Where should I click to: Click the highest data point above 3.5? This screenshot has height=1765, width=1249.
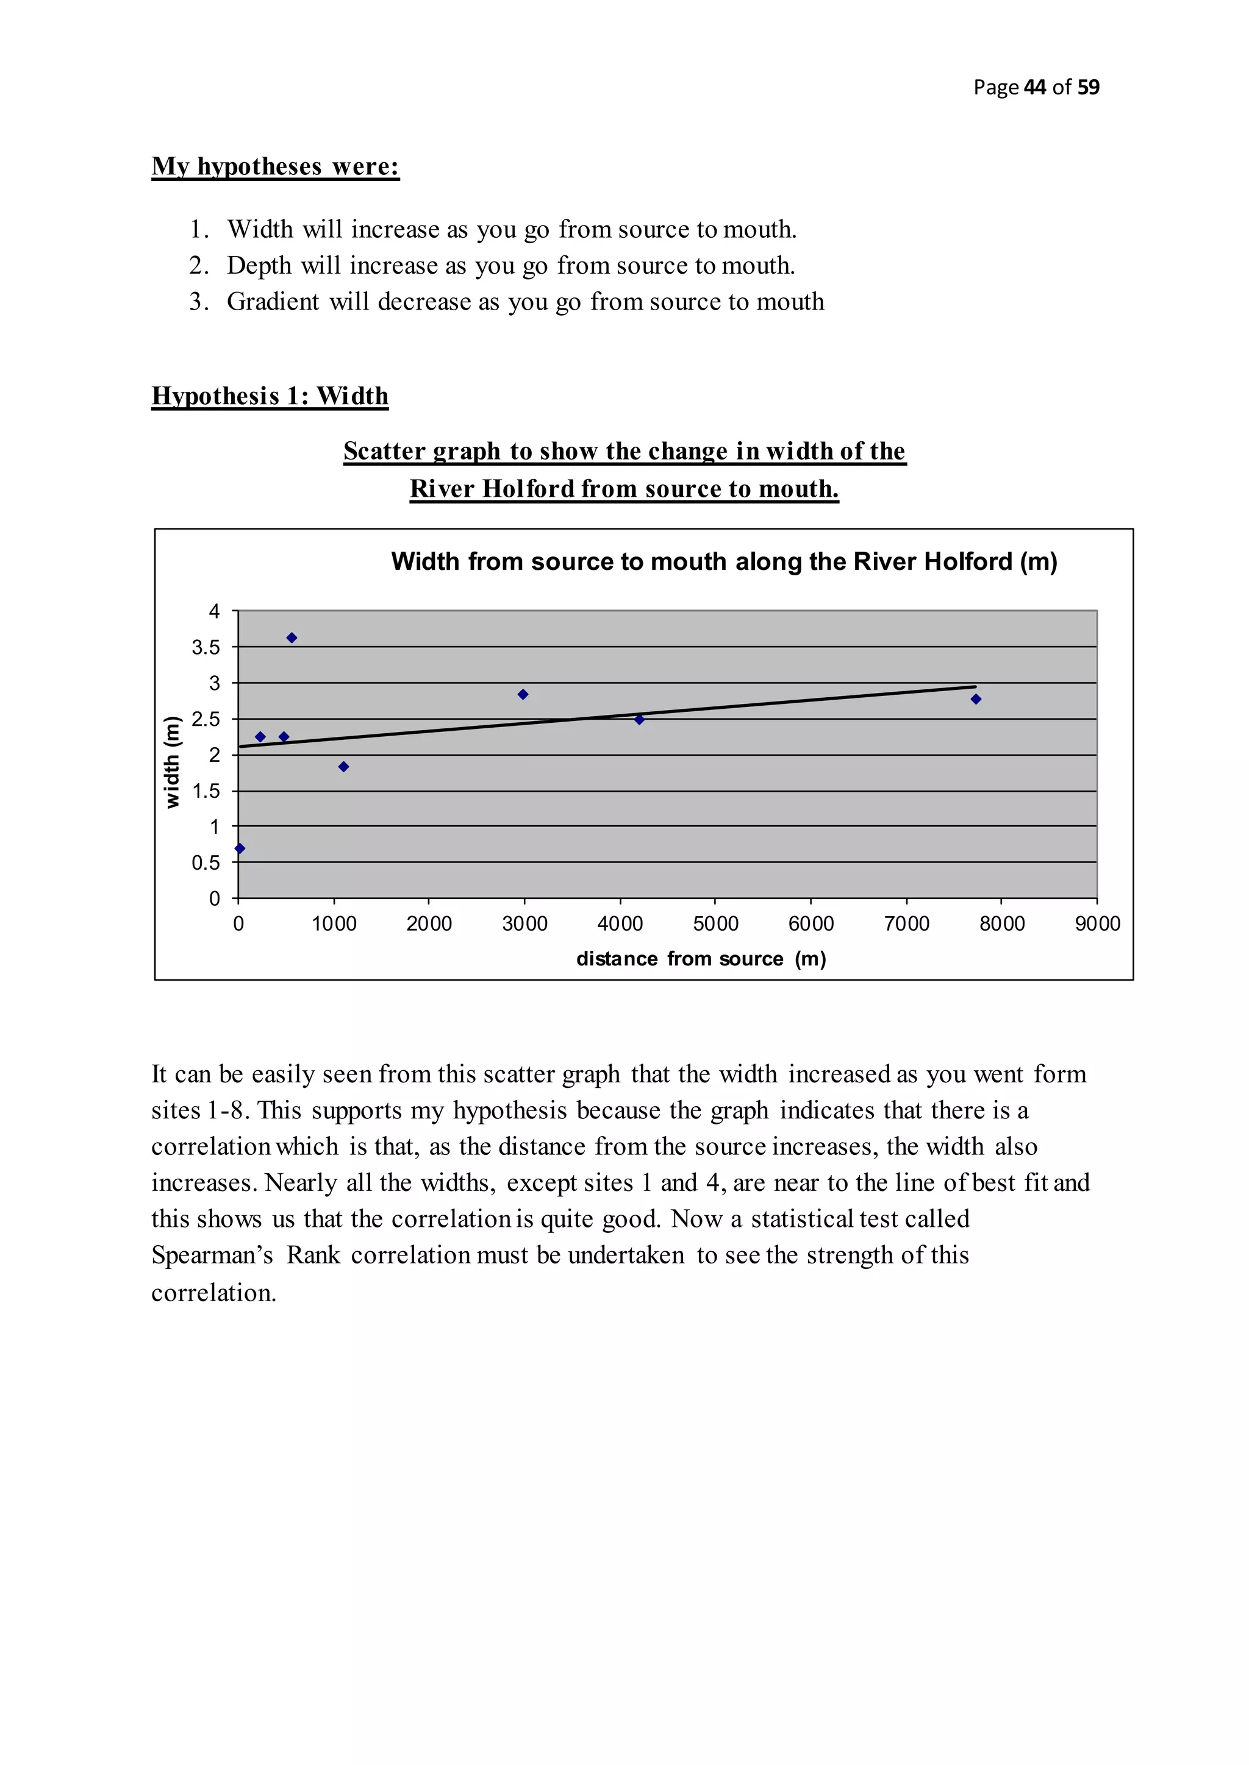click(292, 638)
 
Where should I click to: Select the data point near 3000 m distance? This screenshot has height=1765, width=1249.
click(523, 695)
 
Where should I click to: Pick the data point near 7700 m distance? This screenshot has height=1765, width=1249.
click(976, 700)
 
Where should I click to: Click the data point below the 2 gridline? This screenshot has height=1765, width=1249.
click(344, 767)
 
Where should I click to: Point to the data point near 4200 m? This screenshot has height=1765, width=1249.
click(639, 720)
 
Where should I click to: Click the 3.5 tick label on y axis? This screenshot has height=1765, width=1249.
click(206, 648)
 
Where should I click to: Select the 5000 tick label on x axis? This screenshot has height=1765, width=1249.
click(715, 924)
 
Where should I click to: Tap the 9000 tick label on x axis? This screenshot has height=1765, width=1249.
click(1097, 924)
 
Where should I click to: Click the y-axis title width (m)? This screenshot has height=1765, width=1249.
click(172, 762)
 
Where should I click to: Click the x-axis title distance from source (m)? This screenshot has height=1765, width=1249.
click(701, 959)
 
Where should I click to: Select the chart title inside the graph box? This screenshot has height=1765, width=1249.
click(724, 562)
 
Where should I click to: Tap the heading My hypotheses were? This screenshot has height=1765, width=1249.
click(275, 167)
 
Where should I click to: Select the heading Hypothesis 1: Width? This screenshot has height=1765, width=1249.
click(270, 397)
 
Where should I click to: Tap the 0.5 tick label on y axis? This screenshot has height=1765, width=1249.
click(206, 863)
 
